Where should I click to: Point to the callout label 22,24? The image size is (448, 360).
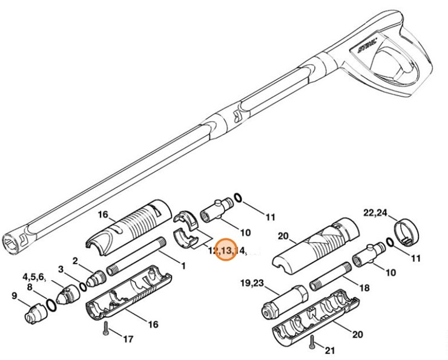pyautogui.click(x=375, y=212)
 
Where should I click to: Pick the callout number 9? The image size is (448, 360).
pyautogui.click(x=14, y=296)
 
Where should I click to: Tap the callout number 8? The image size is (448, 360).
pyautogui.click(x=28, y=287)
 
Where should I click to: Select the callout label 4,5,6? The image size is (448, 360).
pyautogui.click(x=35, y=277)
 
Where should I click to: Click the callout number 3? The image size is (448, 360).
pyautogui.click(x=61, y=269)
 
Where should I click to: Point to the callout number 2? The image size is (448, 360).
pyautogui.click(x=75, y=261)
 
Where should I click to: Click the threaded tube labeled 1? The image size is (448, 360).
pyautogui.click(x=136, y=258)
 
